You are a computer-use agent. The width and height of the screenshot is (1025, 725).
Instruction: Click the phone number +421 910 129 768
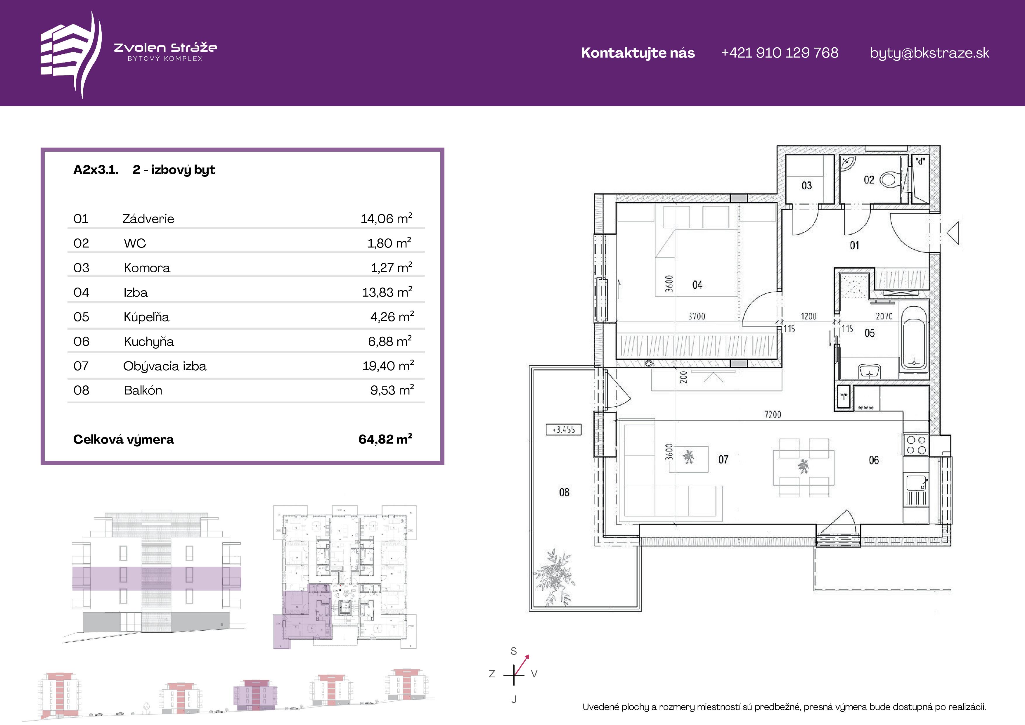pos(780,53)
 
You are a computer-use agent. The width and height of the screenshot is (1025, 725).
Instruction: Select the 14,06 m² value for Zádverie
pos(386,218)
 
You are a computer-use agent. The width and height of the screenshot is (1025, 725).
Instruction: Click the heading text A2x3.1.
pos(96,170)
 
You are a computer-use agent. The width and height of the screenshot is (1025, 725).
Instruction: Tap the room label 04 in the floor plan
pos(697,285)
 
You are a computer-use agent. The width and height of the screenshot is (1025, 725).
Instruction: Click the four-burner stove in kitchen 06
pos(916,445)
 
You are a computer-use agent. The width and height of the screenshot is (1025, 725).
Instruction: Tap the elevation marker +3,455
pos(564,430)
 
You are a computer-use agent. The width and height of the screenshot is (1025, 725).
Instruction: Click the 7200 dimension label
pos(773,414)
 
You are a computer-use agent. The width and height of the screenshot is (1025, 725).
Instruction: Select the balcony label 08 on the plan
pos(564,492)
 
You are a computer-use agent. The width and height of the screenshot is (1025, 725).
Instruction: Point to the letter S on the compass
pos(514,651)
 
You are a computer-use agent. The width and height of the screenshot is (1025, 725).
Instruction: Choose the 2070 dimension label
pos(884,316)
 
